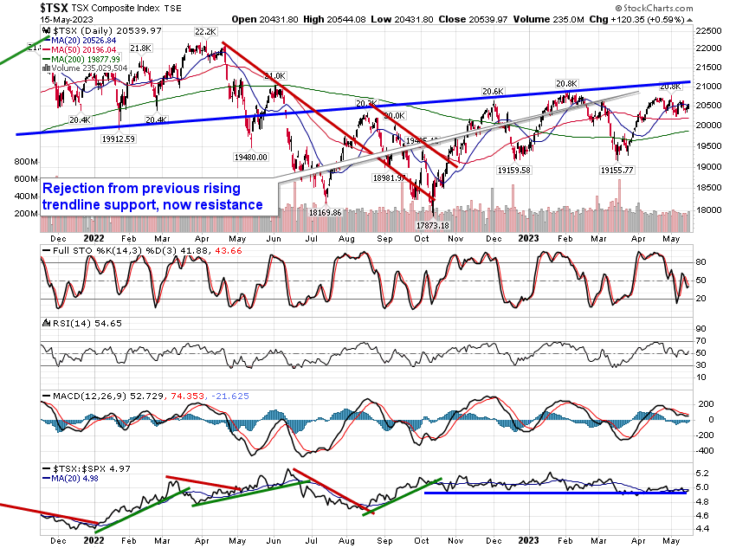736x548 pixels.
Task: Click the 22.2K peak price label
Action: (205, 32)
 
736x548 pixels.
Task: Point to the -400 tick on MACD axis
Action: (707, 450)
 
